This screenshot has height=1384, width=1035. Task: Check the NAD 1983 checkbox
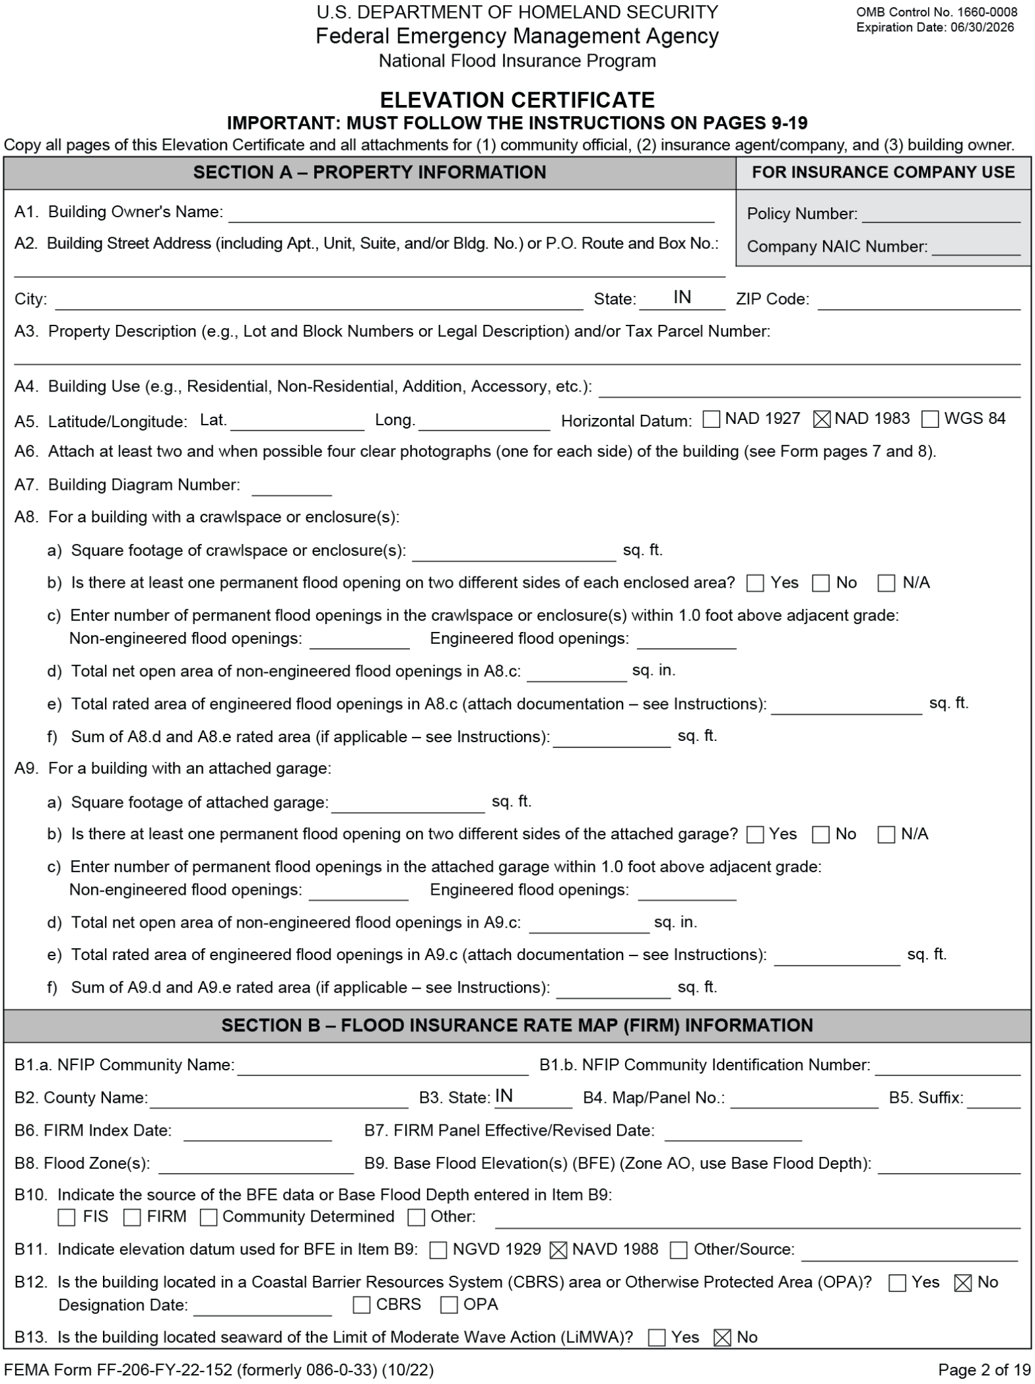pyautogui.click(x=822, y=419)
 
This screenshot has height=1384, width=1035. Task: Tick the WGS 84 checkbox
pyautogui.click(x=930, y=419)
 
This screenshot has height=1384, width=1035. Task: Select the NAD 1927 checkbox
pyautogui.click(x=711, y=419)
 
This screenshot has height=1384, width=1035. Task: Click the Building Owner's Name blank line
pyautogui.click(x=471, y=213)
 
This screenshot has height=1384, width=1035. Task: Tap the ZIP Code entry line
pyautogui.click(x=918, y=300)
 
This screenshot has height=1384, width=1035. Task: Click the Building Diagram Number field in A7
pyautogui.click(x=291, y=487)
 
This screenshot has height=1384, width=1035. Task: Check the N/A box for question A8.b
pyautogui.click(x=886, y=583)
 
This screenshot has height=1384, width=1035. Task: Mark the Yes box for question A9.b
pyautogui.click(x=755, y=835)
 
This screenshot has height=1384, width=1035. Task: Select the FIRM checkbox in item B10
pyautogui.click(x=133, y=1217)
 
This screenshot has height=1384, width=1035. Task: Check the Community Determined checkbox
pyautogui.click(x=209, y=1217)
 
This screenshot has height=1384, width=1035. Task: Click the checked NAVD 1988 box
pyautogui.click(x=558, y=1250)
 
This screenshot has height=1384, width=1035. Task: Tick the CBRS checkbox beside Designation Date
pyautogui.click(x=361, y=1305)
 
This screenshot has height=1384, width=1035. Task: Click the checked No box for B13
pyautogui.click(x=723, y=1338)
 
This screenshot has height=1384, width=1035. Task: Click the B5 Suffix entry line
pyautogui.click(x=993, y=1099)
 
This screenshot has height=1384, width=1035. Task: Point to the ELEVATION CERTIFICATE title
pyautogui.click(x=517, y=100)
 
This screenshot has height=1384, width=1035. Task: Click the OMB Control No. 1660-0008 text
pyautogui.click(x=937, y=12)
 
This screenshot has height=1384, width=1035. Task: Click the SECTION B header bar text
pyautogui.click(x=517, y=1025)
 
